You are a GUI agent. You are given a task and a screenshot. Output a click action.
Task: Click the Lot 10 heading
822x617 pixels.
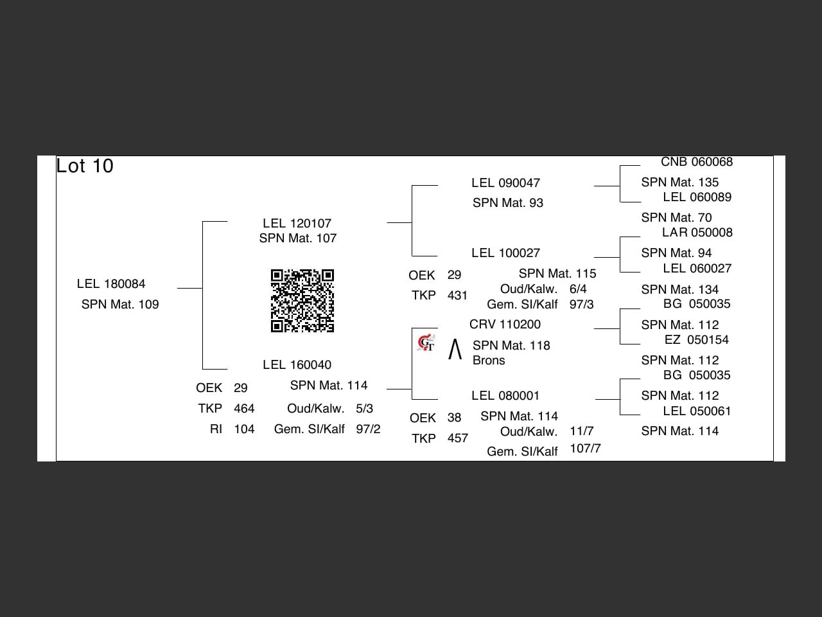coord(85,166)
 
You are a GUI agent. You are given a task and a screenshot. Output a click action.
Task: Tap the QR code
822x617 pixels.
coord(302,301)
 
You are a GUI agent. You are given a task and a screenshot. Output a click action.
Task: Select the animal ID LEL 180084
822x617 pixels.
coord(111,284)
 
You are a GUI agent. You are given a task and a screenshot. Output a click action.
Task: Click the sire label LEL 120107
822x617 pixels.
coord(297,224)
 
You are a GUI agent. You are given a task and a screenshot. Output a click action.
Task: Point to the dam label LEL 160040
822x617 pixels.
coord(297,365)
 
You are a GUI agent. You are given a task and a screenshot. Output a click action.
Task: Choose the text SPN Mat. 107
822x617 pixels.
coord(298,238)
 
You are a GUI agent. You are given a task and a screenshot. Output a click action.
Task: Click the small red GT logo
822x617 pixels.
coord(426,343)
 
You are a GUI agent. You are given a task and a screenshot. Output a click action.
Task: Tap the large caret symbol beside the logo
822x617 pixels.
coord(455,350)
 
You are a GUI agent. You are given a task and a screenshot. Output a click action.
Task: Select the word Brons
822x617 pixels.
coord(489,361)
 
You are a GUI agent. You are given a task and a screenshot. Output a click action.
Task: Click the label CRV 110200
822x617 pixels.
coord(505,325)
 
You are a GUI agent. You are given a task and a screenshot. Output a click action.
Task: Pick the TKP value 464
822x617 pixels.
coord(244,409)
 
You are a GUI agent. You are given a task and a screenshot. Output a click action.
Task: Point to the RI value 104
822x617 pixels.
coord(244,429)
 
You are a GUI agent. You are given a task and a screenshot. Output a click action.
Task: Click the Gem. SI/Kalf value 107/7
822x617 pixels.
coord(585,449)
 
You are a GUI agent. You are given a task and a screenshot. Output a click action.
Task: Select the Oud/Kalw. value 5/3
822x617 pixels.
coord(364,409)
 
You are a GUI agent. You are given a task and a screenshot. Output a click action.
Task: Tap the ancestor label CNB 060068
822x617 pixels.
coord(697,162)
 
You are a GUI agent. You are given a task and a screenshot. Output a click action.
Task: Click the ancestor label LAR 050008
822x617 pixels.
coord(697,233)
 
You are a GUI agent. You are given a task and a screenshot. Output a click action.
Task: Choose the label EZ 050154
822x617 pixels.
coord(697,340)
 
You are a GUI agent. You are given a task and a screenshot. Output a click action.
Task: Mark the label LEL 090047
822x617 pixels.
coord(505,183)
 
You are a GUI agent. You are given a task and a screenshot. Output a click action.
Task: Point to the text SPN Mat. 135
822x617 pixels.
coord(679,183)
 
